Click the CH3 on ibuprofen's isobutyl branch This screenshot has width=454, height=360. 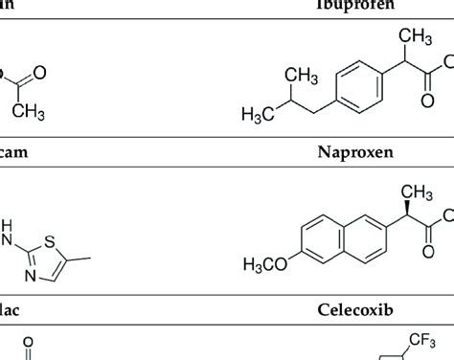point(304,76)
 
